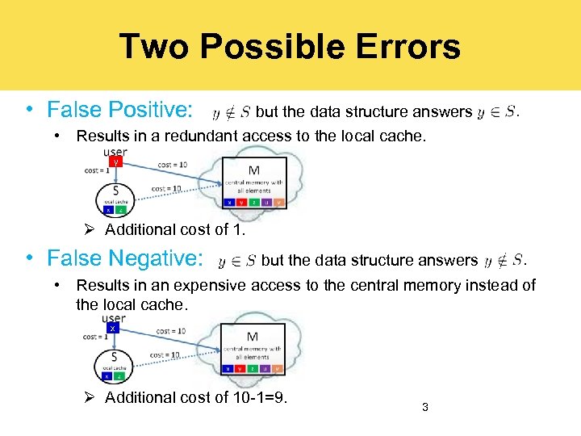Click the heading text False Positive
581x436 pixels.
tap(119, 109)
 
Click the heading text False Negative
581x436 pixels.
tap(124, 258)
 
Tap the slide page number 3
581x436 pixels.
tap(424, 408)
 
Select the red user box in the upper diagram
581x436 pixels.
tap(116, 162)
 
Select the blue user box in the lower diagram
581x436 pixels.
tap(114, 329)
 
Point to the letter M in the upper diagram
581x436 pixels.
tap(253, 170)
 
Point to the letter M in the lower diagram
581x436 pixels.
tap(253, 337)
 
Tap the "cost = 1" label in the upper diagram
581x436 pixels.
tap(97, 170)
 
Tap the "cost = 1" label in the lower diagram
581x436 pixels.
tap(95, 337)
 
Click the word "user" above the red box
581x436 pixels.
tap(115, 152)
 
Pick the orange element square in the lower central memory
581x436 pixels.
tap(276, 368)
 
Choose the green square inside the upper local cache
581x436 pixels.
tap(121, 210)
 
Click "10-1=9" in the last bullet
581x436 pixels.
tap(265, 397)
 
